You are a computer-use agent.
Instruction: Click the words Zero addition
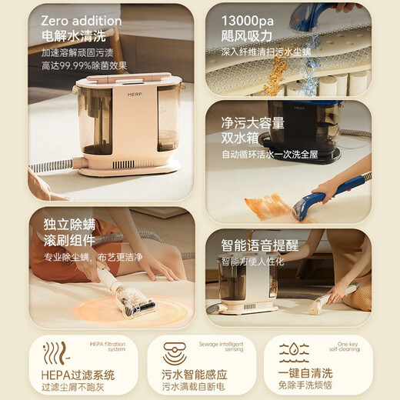click(81, 21)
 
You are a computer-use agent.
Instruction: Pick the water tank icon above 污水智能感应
click(173, 353)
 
